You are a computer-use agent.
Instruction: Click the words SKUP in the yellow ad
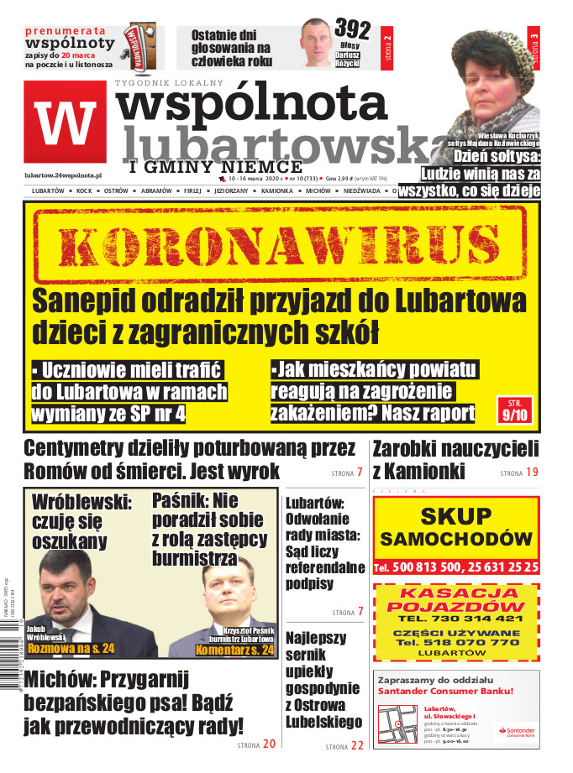[x=455, y=515]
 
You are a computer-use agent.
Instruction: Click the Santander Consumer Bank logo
[x=512, y=732]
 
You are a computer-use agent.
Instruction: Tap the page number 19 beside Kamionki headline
[x=530, y=473]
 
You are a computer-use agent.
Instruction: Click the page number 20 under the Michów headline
[x=268, y=744]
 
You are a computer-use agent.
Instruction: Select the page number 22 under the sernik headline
[x=357, y=744]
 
